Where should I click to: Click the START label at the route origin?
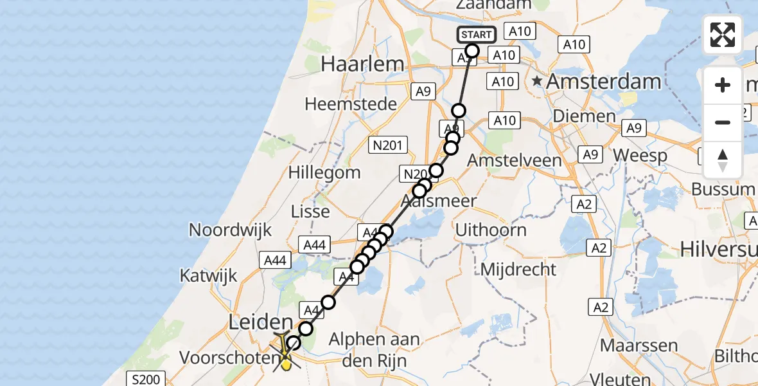[476, 35]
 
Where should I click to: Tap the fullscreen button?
[723, 35]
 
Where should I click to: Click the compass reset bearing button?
[723, 160]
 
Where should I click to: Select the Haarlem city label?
[363, 64]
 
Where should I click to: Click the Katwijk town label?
[208, 276]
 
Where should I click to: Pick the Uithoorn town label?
[491, 230]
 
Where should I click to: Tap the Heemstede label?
[351, 104]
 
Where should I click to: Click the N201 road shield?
[387, 145]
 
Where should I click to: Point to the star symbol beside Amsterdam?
[538, 82]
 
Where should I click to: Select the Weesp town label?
[640, 155]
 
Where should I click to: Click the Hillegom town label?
[324, 172]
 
